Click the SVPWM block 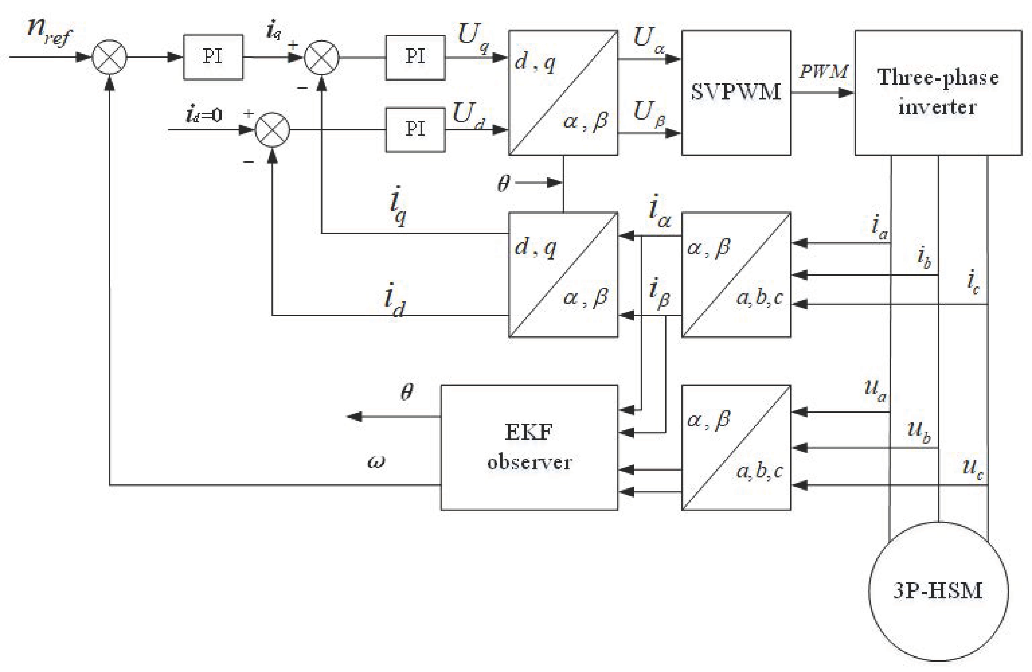(736, 92)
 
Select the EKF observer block (529, 447)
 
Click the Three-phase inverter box (938, 92)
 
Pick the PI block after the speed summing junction (213, 57)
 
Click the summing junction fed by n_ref (109, 57)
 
